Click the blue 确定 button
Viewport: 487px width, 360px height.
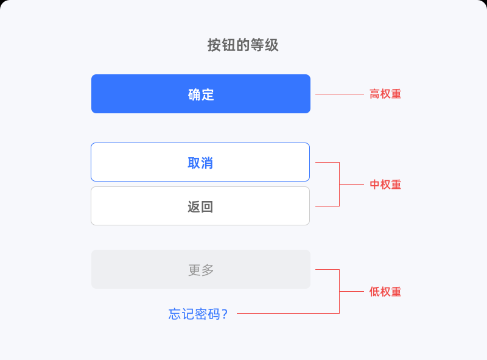coord(201,94)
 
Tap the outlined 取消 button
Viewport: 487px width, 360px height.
coord(200,162)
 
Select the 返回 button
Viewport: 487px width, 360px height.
coord(200,206)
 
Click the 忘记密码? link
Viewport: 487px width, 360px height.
coord(198,314)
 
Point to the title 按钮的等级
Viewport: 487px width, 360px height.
coord(243,45)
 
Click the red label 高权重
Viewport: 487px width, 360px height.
coord(385,94)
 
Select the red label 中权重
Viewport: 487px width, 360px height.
coord(385,185)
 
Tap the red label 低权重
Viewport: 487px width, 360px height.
coord(385,292)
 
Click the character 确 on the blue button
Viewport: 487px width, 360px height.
coord(194,94)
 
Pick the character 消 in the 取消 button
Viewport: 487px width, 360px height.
coord(206,163)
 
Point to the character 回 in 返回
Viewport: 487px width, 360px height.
coord(207,206)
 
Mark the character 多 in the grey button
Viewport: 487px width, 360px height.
coord(208,270)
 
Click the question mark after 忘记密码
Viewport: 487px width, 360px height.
coord(225,314)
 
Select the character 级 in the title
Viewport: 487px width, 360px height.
coord(272,45)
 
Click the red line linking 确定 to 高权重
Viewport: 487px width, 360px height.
coord(340,94)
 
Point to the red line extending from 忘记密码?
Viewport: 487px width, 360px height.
coord(288,313)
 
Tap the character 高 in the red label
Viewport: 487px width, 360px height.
coord(374,94)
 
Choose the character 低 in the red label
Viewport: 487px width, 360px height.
coord(374,292)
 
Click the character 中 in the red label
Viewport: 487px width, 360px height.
coord(374,185)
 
